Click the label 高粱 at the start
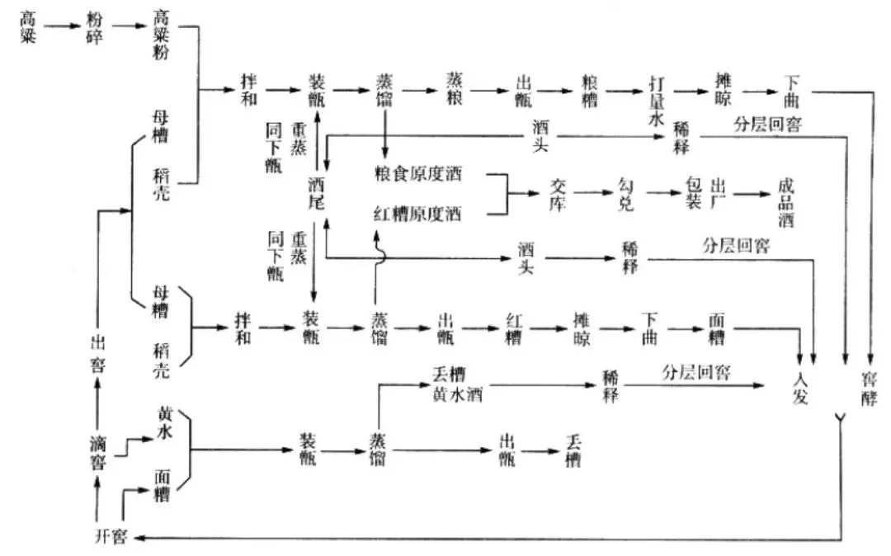[x=28, y=27]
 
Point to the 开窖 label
[x=110, y=538]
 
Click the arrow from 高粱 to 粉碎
[x=60, y=27]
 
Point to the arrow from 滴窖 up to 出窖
[x=98, y=401]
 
